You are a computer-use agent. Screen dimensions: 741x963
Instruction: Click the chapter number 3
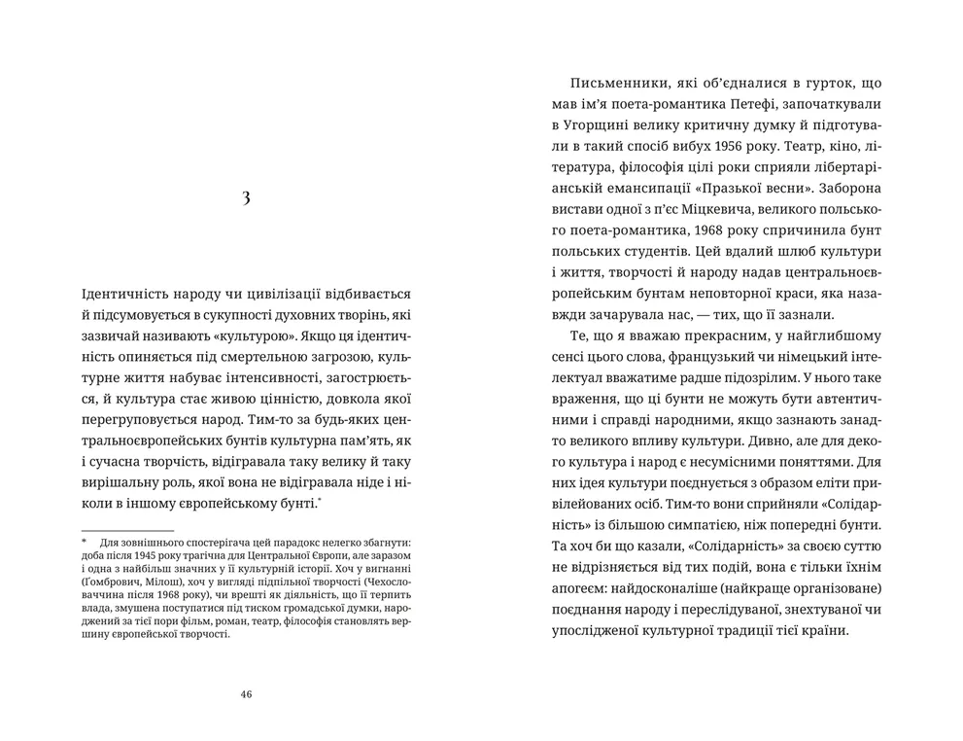246,198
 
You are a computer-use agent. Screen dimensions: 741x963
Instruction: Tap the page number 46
246,694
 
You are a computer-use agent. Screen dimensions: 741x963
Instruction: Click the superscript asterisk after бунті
320,499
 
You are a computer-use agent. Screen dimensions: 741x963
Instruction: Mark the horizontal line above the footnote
126,530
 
